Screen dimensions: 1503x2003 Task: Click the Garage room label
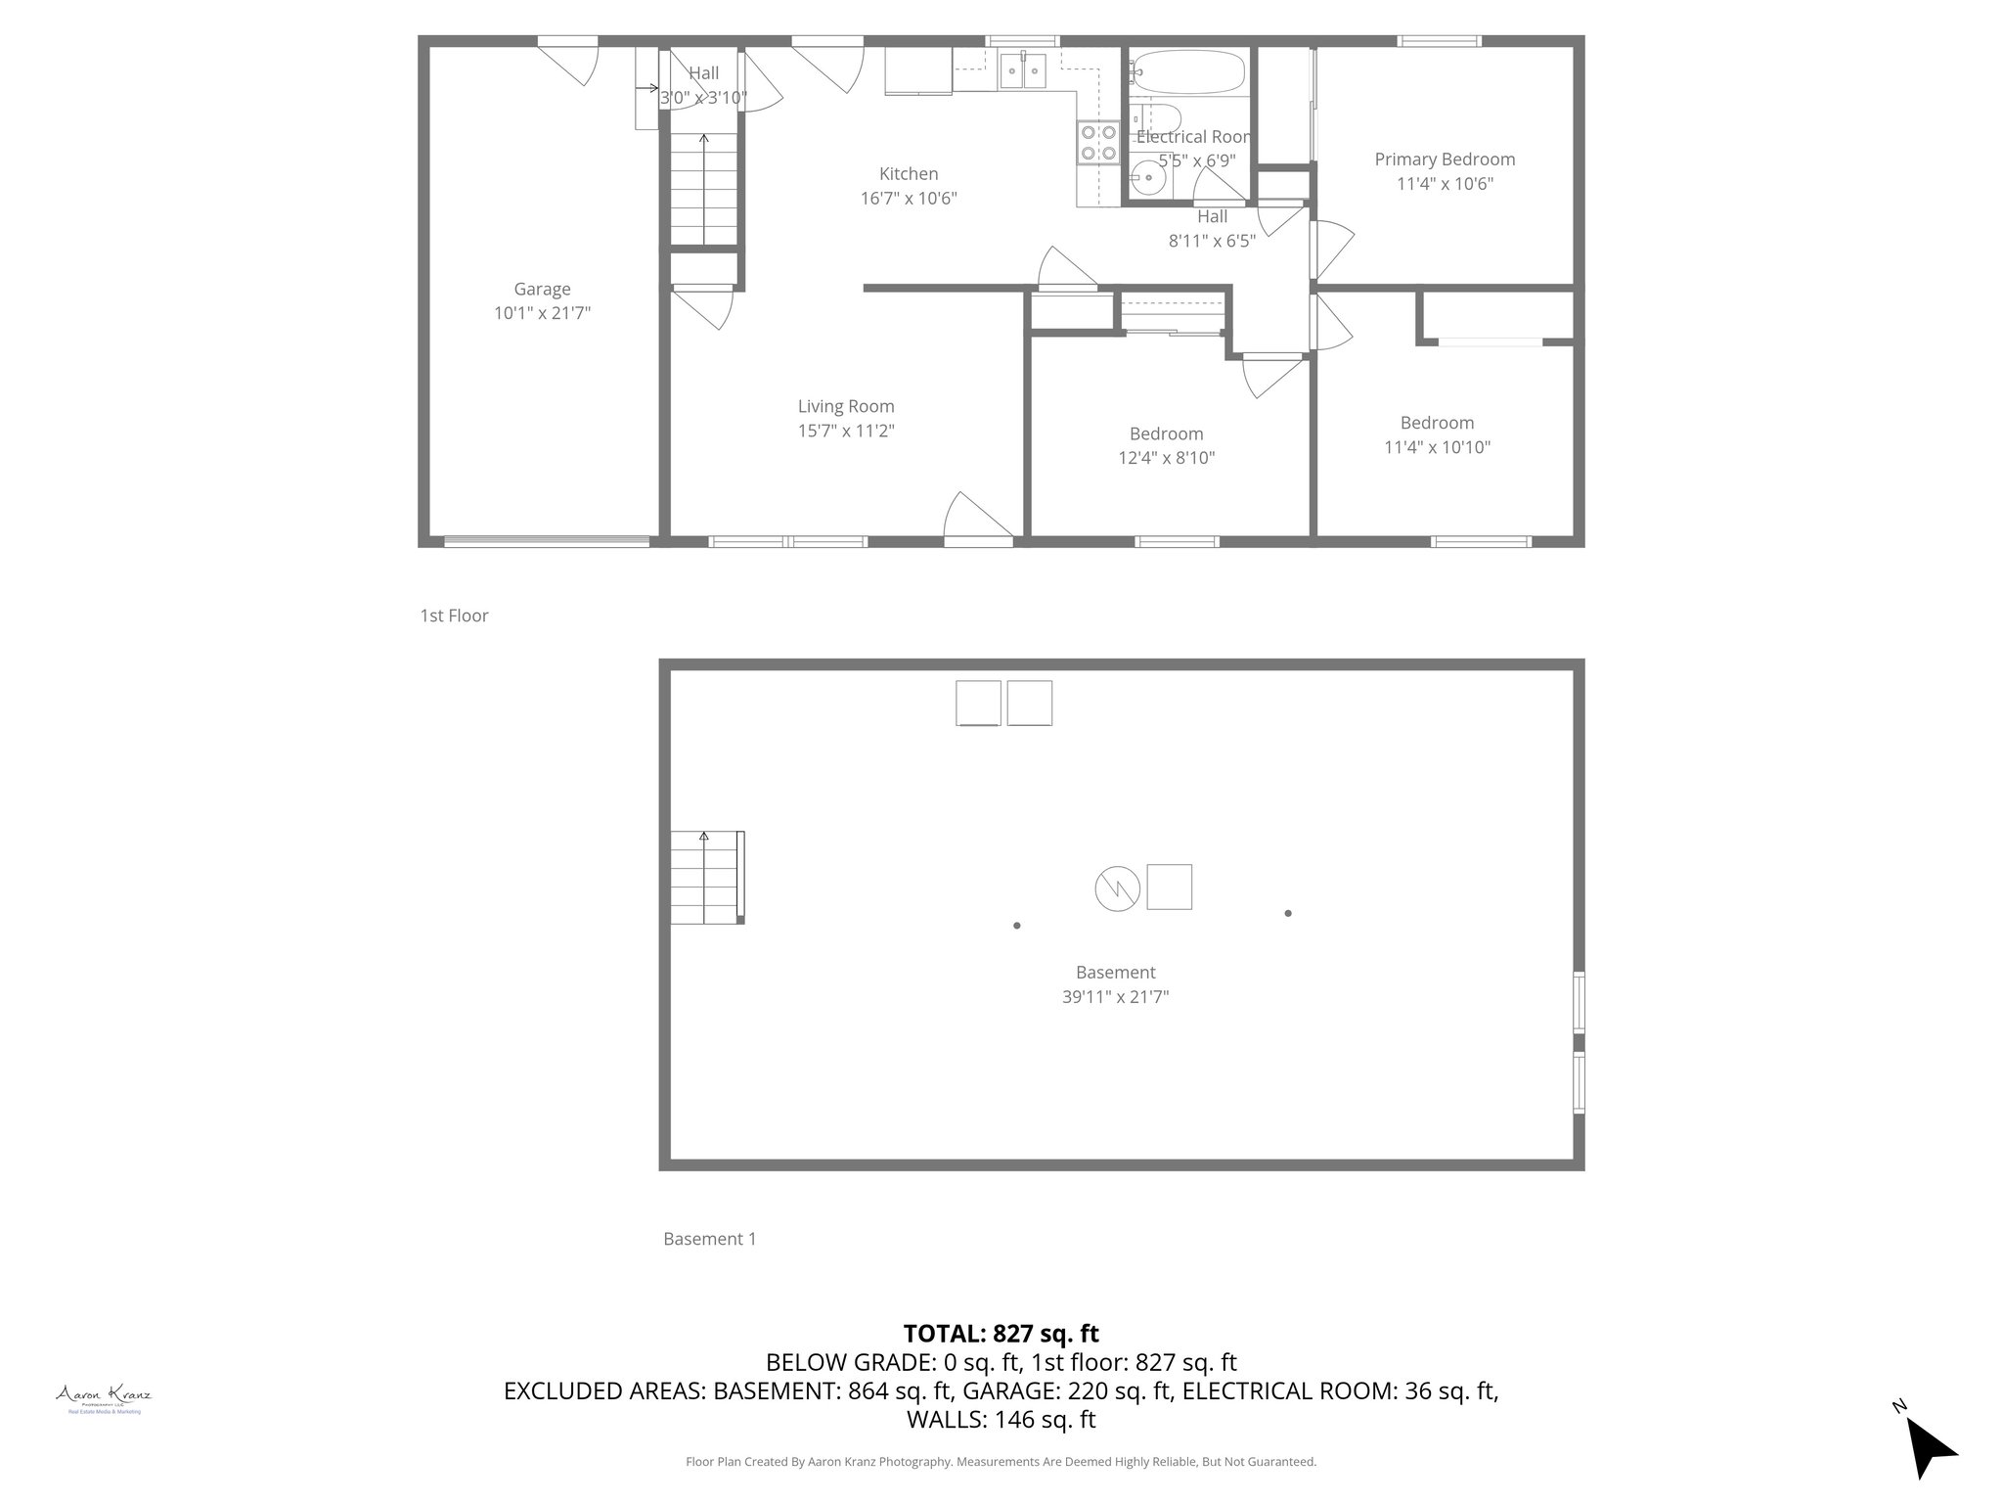pyautogui.click(x=542, y=289)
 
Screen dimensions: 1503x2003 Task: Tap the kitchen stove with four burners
pyautogui.click(x=1098, y=143)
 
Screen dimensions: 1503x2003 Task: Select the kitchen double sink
pyautogui.click(x=1023, y=70)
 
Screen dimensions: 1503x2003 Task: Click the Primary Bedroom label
pyautogui.click(x=1445, y=159)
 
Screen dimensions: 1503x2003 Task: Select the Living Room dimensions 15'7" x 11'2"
pyautogui.click(x=846, y=431)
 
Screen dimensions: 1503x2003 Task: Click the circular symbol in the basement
pyautogui.click(x=1117, y=888)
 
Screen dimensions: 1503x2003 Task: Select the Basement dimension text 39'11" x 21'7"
pyautogui.click(x=1115, y=997)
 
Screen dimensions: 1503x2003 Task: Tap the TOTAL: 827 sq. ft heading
pyautogui.click(x=1001, y=1333)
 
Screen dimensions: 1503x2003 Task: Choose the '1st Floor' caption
pyautogui.click(x=454, y=615)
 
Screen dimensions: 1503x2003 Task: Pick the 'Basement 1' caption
pyautogui.click(x=709, y=1239)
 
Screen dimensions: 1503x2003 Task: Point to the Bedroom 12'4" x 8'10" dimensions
pyautogui.click(x=1166, y=458)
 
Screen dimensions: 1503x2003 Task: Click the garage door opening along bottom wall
pyautogui.click(x=547, y=540)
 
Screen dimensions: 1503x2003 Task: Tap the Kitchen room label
pyautogui.click(x=908, y=174)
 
